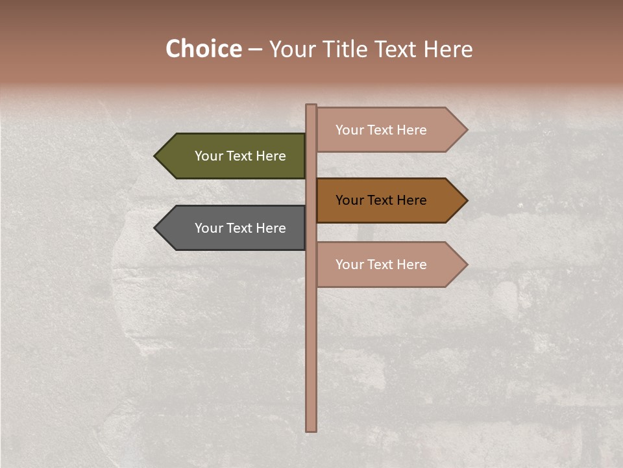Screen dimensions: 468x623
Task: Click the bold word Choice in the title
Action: (203, 49)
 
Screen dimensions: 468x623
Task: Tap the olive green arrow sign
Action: (234, 156)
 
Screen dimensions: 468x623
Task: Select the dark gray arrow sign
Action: (234, 228)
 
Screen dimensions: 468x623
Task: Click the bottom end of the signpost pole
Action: (311, 429)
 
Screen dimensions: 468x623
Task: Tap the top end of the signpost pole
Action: (311, 107)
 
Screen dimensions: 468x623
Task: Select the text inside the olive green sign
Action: (240, 156)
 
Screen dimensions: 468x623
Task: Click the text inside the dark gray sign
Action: (240, 228)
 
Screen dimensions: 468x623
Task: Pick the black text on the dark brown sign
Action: (381, 200)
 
